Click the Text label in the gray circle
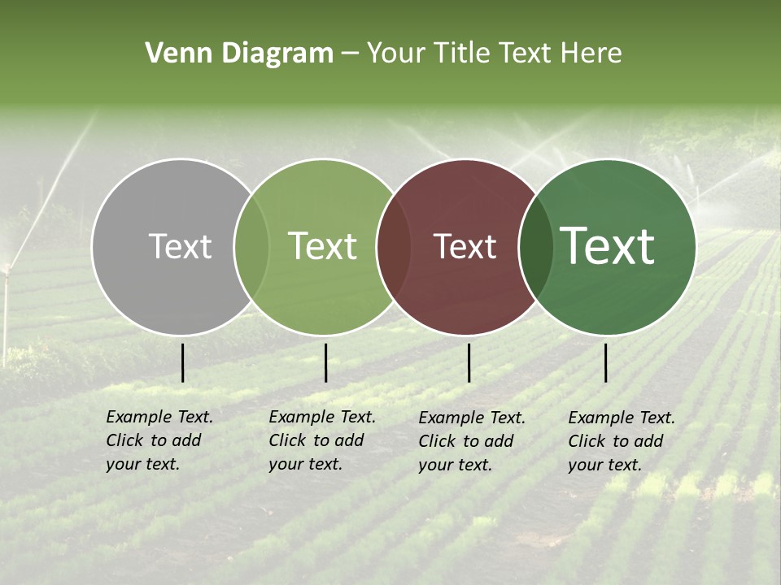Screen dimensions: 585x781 click(x=180, y=247)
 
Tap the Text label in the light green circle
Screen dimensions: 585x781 click(x=322, y=247)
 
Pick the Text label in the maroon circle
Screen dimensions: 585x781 click(x=465, y=247)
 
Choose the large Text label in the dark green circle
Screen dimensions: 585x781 click(x=608, y=246)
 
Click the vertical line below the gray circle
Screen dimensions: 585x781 click(x=183, y=362)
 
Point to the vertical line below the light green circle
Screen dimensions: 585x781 click(x=325, y=362)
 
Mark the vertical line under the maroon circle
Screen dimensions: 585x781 click(x=469, y=362)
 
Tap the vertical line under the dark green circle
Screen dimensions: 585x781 click(x=605, y=362)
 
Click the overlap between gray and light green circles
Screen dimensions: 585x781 click(x=251, y=247)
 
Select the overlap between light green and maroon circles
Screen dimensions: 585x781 click(x=393, y=247)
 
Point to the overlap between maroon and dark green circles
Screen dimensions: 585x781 click(x=536, y=247)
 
